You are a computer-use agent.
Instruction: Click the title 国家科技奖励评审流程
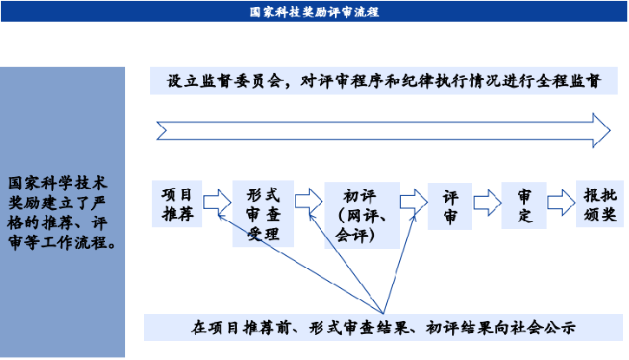[x=314, y=11]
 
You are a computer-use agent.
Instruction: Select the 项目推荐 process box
[x=177, y=204]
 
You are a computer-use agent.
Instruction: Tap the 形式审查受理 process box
[x=263, y=213]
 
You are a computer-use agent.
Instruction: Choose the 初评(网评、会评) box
[x=362, y=215]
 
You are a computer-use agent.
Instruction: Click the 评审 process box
[x=449, y=206]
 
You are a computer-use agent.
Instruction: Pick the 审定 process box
[x=524, y=206]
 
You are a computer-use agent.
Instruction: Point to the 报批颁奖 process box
[x=600, y=204]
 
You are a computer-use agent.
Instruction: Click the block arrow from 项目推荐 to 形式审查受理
[x=217, y=202]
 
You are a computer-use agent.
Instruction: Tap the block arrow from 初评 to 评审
[x=414, y=202]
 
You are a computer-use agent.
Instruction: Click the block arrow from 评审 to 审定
[x=488, y=203]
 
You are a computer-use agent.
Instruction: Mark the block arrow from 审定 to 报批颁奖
[x=561, y=202]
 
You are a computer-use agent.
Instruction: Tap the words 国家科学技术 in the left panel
[x=58, y=183]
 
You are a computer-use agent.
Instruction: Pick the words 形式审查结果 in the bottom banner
[x=359, y=328]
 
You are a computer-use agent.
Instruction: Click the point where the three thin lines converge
[x=383, y=313]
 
